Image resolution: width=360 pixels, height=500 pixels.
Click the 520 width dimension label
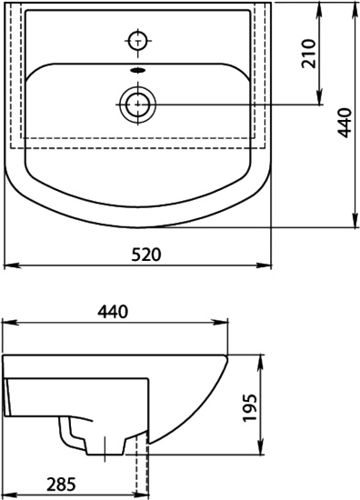146,255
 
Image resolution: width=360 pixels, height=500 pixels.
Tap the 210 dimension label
309,54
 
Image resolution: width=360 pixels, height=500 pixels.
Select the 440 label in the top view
345,123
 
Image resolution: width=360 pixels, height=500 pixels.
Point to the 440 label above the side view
113,312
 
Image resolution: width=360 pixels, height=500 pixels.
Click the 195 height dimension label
250,408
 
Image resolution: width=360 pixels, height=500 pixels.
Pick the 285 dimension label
61,485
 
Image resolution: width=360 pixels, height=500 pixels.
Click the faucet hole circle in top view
138,41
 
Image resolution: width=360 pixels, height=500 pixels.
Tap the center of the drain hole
138,105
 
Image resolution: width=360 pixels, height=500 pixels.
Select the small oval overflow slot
138,70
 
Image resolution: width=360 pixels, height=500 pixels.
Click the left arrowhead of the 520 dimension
10,265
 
